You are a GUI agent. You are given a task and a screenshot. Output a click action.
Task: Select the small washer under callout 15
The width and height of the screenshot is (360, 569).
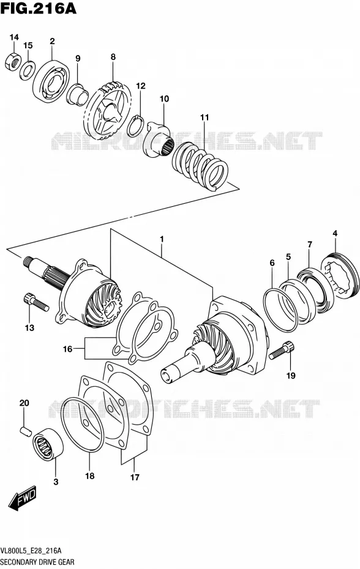[27, 70]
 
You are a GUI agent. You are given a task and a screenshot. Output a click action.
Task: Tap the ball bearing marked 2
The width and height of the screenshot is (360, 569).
[51, 81]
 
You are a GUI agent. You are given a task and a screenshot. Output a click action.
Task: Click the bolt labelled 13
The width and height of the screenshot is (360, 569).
[36, 302]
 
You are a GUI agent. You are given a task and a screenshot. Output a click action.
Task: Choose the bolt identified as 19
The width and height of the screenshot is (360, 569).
[282, 350]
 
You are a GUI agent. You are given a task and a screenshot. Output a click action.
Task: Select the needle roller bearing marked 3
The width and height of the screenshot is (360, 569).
[48, 443]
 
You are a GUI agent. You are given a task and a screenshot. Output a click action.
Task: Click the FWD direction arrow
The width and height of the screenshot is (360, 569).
[23, 498]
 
